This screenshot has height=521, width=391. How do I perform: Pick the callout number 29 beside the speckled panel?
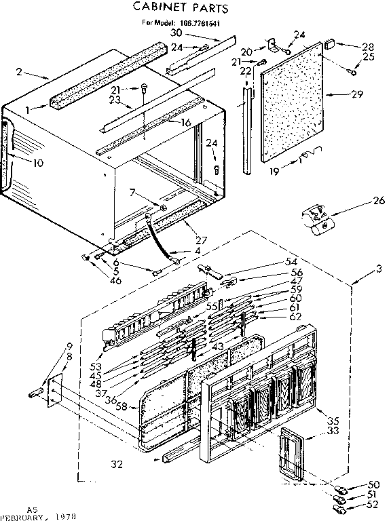pyautogui.click(x=358, y=94)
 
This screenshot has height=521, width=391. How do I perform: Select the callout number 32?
pyautogui.click(x=117, y=463)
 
